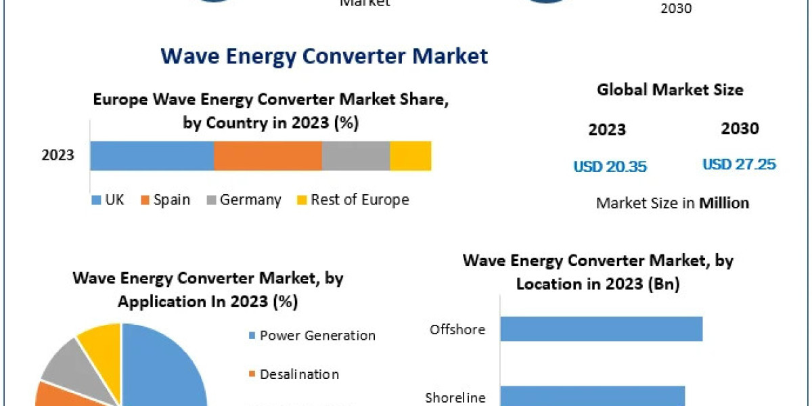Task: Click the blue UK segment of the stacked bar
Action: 152,156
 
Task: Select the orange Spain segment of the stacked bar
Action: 267,156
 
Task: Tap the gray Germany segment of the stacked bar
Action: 356,156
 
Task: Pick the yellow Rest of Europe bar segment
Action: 411,156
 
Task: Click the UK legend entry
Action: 108,200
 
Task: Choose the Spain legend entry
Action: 166,200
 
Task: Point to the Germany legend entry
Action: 244,200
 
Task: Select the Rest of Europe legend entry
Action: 353,200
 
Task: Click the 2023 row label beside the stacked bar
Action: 58,156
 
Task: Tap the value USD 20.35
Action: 610,166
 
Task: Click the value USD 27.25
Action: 739,164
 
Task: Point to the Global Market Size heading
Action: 670,90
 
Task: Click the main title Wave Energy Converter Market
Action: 324,55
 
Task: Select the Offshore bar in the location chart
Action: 601,330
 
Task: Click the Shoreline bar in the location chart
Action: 592,396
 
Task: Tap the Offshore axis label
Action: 457,330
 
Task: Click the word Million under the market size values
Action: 724,203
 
